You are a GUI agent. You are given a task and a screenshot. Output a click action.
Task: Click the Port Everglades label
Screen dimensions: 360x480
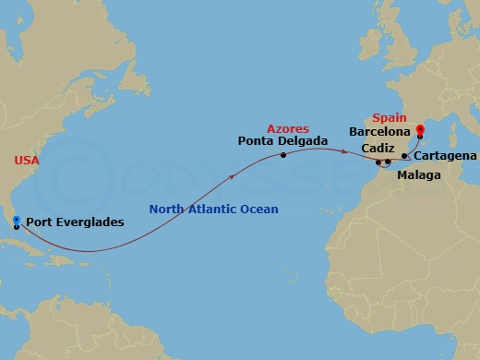click(75, 222)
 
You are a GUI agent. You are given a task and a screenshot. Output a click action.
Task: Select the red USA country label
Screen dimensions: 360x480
click(27, 161)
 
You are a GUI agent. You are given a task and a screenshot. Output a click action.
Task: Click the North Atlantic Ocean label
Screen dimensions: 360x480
click(213, 210)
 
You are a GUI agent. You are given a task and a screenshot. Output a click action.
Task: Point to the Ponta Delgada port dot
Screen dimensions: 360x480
click(282, 154)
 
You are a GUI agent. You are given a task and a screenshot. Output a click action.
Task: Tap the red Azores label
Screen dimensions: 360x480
click(287, 128)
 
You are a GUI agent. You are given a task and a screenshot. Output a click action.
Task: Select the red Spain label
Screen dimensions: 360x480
click(388, 118)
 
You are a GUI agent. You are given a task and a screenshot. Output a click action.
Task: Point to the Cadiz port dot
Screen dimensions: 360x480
click(378, 162)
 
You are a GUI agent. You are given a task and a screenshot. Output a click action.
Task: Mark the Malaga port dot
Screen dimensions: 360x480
click(388, 162)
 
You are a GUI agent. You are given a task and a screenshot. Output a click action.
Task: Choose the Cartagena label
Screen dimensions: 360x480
click(447, 156)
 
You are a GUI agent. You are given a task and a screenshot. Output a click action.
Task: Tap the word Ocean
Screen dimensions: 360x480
click(259, 210)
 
